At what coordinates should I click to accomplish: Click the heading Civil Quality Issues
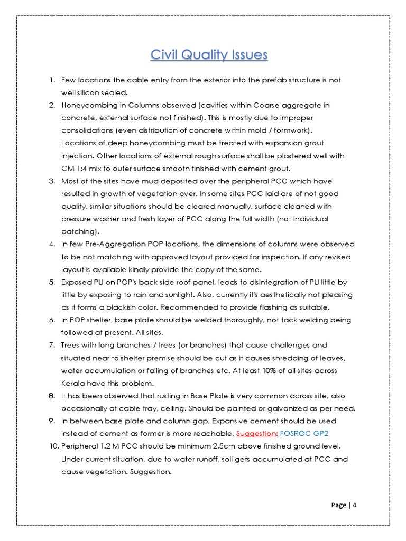pos(209,55)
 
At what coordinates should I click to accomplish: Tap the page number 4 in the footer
pos(355,505)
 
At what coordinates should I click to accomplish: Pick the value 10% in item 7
pos(221,370)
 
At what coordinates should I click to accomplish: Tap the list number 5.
pos(52,282)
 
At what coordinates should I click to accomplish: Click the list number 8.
pos(52,396)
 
